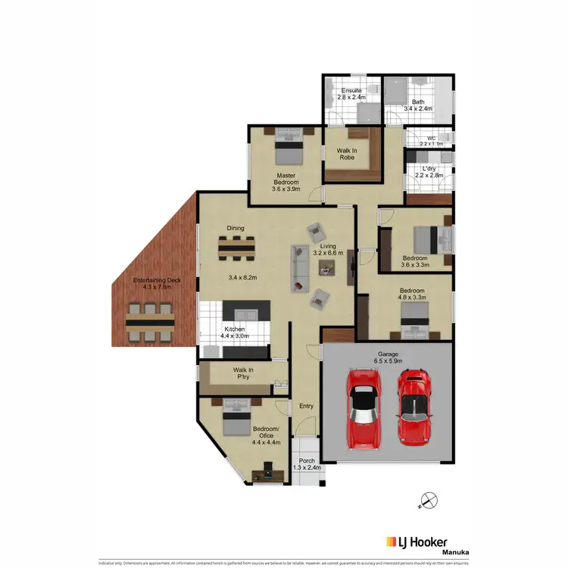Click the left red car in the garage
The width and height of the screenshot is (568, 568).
[x=363, y=408]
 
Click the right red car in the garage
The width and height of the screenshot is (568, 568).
[x=413, y=407]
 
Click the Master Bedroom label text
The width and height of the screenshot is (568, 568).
[x=287, y=182]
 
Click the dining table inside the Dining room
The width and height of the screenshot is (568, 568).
[x=236, y=248]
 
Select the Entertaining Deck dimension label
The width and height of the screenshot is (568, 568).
[x=158, y=284]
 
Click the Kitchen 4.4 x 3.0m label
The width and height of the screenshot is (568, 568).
[x=234, y=333]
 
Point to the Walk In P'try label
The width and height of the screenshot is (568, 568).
[x=244, y=373]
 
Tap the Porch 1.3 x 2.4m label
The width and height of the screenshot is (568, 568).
[x=307, y=463]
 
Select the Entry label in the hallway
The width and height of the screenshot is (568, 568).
[x=306, y=407]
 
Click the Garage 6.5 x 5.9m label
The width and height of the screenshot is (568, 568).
[x=388, y=358]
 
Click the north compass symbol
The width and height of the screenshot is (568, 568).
[x=429, y=501]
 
